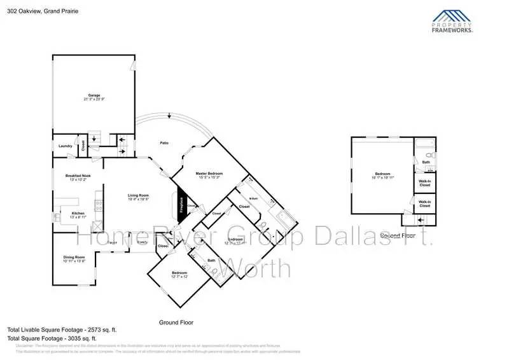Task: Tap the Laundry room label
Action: point(66,146)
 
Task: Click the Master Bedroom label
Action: point(209,175)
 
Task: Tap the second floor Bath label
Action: point(426,163)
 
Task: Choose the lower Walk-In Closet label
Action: point(424,204)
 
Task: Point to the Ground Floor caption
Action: point(176,322)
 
